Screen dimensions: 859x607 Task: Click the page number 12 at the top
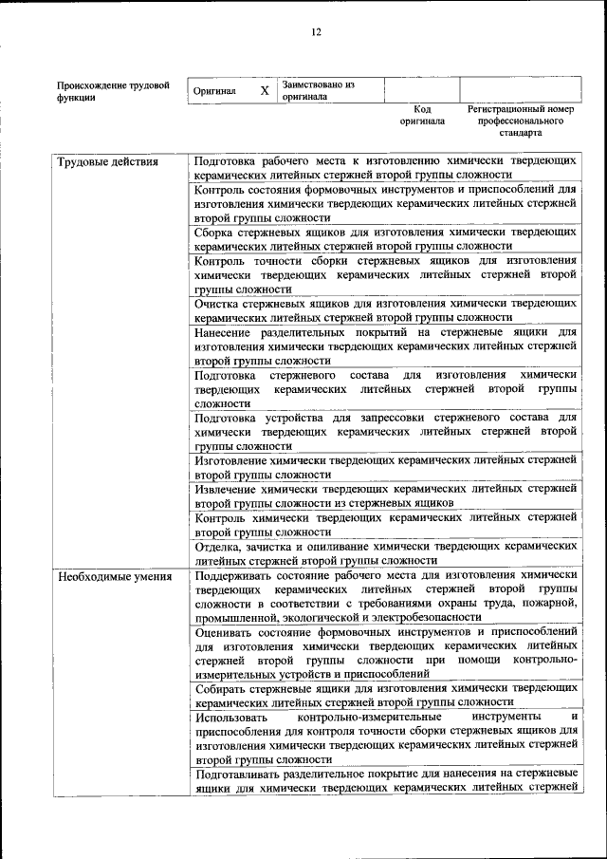[x=316, y=32]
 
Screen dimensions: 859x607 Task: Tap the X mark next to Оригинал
[x=265, y=90]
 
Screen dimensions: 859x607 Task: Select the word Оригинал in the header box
[x=214, y=91]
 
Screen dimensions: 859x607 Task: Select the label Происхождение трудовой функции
[x=113, y=91]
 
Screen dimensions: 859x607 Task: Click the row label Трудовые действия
[x=107, y=161]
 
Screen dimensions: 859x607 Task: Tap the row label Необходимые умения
[x=115, y=576]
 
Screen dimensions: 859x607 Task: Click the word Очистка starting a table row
[x=219, y=304]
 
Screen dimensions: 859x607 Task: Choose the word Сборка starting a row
[x=216, y=232]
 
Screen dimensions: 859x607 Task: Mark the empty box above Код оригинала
[x=422, y=90]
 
